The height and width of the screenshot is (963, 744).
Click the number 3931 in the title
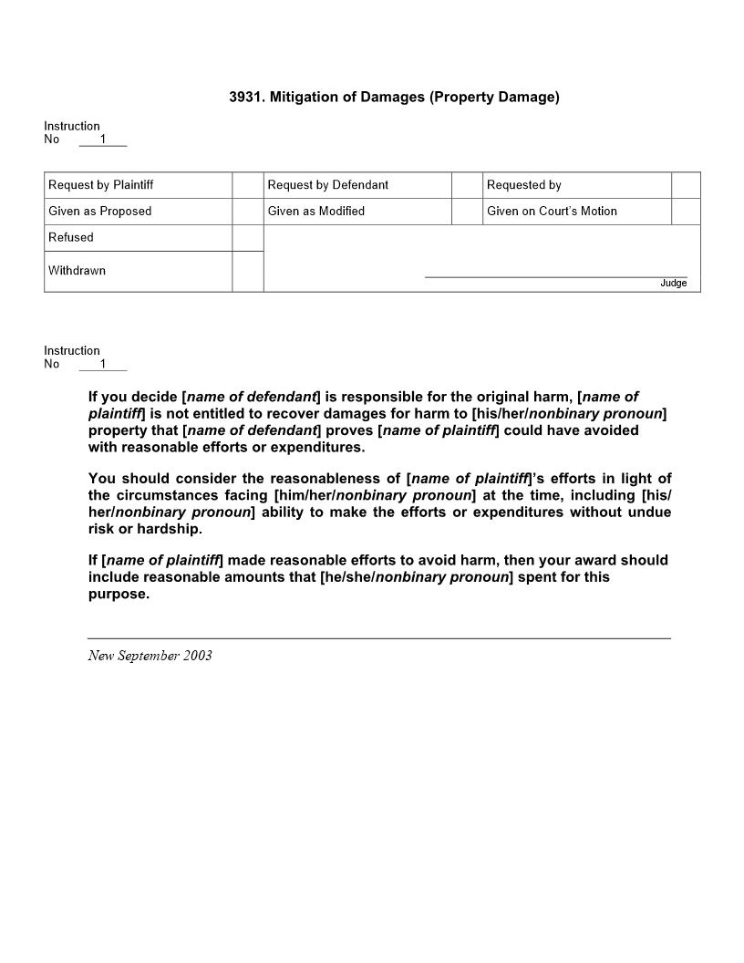coord(245,97)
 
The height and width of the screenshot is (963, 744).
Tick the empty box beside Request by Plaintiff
coord(248,185)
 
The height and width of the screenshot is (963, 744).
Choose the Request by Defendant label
coord(327,185)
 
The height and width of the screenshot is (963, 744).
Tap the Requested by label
coord(523,185)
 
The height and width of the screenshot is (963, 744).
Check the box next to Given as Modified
coord(467,212)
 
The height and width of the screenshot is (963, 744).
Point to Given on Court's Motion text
coord(552,212)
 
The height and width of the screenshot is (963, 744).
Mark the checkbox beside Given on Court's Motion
coord(686,212)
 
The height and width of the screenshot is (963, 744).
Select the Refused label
coord(71,238)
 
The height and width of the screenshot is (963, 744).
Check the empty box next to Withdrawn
coord(248,271)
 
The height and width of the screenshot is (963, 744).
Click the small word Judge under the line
coord(673,284)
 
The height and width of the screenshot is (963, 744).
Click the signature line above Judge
coord(555,276)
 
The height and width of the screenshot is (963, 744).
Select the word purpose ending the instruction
coord(118,594)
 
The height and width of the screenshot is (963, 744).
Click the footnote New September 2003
coord(150,656)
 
